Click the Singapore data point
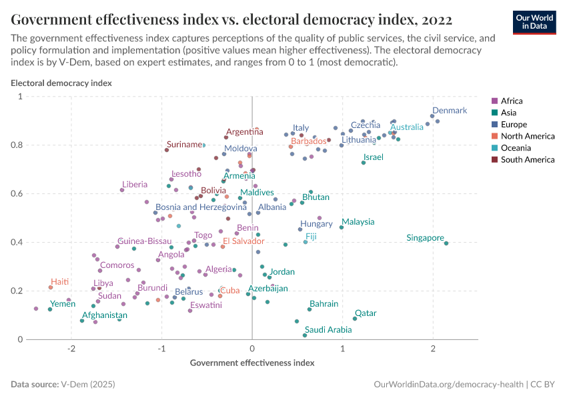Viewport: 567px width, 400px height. [x=446, y=243]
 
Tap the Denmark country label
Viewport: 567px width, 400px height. [x=450, y=111]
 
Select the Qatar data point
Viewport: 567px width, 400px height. [x=355, y=319]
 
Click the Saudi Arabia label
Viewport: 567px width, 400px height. [x=328, y=330]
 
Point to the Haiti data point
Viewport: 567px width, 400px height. [x=51, y=287]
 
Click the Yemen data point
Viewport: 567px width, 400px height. [x=50, y=309]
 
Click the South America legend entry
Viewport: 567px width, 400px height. [x=527, y=160]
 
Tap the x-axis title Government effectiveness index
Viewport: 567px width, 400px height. [x=252, y=363]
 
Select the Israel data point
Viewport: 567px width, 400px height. [x=364, y=163]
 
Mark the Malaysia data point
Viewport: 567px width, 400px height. [x=342, y=227]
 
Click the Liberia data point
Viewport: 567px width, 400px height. [x=122, y=190]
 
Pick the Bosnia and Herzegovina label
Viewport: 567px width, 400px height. [x=201, y=207]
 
